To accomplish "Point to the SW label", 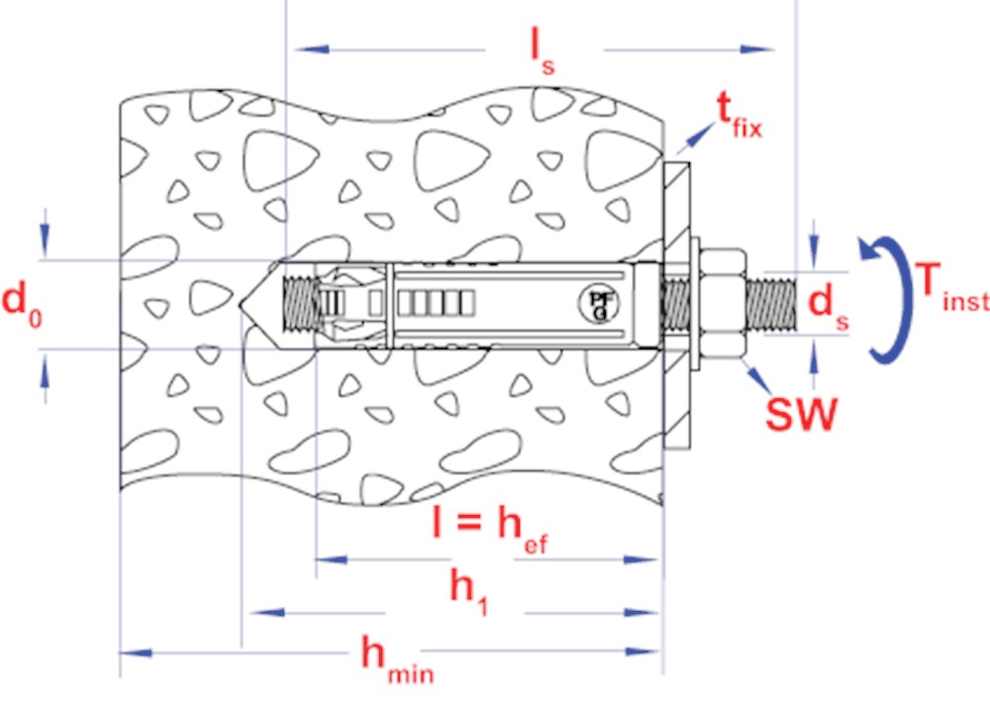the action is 801,413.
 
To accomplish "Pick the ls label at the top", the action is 543,53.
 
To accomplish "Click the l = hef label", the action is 490,532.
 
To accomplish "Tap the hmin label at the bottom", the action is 397,660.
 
